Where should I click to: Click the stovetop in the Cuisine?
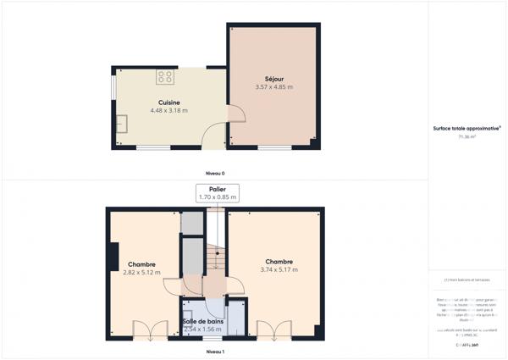coord(164,78)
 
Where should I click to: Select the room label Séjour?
coord(273,78)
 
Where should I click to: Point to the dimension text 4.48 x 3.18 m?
coord(168,110)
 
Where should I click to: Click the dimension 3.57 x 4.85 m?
coord(273,86)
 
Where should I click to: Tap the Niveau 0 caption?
coord(215,172)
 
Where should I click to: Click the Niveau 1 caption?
coord(215,350)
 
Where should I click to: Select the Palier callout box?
coord(218,192)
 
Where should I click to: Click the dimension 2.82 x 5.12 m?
coord(141,273)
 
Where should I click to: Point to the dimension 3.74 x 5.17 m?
coord(279,270)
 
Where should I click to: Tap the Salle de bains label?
coord(203,321)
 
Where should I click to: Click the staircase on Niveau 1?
coord(215,254)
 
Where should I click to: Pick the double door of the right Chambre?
coord(271,332)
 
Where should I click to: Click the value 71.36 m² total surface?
coord(467,136)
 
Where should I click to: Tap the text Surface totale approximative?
coord(466,128)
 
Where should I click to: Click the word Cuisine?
coord(168,102)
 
